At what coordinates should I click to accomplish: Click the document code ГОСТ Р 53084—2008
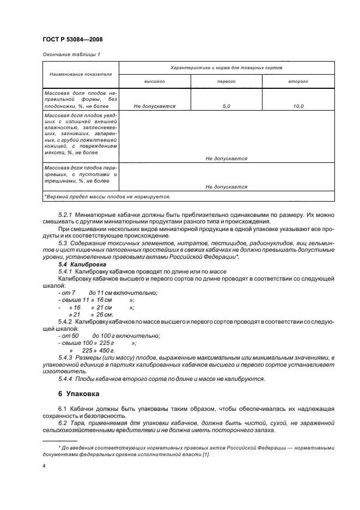72,39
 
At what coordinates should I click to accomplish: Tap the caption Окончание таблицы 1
70,54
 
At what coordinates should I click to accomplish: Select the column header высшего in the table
154,81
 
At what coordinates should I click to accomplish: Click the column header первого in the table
226,81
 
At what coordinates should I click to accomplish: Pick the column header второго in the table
298,81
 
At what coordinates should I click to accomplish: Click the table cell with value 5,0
226,106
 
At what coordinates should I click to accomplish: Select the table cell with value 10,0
298,106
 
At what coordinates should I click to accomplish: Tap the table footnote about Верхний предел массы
107,196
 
